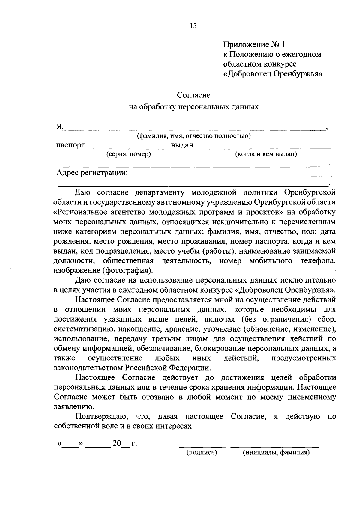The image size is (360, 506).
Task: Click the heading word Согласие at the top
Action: [x=193, y=95]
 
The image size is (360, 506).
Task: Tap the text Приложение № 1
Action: [x=253, y=45]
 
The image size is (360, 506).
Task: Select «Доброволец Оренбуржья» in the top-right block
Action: [x=273, y=74]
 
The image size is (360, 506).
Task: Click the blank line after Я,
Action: [x=195, y=129]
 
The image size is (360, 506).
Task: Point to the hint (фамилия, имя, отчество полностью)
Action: [x=194, y=136]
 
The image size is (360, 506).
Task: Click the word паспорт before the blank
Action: [x=70, y=145]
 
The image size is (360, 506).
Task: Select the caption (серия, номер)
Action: [x=129, y=154]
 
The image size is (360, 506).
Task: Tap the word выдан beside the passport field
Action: [x=182, y=145]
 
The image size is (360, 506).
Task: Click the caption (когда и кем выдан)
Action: [x=266, y=154]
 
